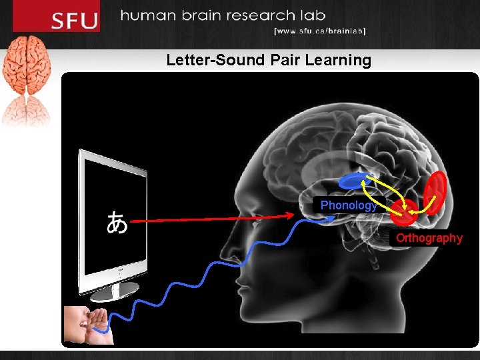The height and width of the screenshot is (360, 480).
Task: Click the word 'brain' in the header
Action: coord(198,15)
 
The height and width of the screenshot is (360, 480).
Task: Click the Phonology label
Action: coord(348,205)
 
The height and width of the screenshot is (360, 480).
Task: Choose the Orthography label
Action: coord(429,238)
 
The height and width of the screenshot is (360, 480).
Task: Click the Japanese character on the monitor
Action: coord(118,222)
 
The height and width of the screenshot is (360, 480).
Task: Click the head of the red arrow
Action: coord(291,214)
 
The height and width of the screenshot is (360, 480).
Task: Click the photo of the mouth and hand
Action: coord(89,325)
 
